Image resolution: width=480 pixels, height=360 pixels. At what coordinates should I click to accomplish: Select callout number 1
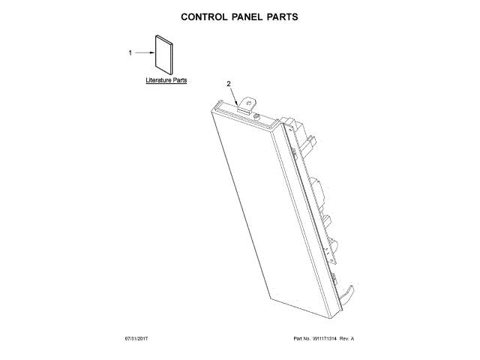pos(130,52)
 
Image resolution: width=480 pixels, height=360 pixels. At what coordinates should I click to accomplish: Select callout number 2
pos(229,84)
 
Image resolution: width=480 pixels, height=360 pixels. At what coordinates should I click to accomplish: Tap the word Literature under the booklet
pos(158,79)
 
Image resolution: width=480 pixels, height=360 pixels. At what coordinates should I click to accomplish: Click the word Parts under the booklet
pos(180,79)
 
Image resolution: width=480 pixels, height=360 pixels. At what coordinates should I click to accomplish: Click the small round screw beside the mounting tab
pos(258,116)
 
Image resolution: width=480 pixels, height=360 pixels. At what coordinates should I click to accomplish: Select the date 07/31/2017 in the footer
pos(138,339)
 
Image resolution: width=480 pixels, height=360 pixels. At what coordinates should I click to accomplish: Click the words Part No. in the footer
pos(303,339)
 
